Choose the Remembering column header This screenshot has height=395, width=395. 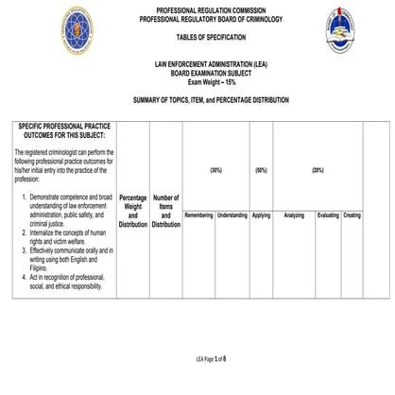point(198,215)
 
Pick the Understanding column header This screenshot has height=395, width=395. point(232,215)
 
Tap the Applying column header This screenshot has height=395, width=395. point(261,215)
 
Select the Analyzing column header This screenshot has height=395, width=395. point(294,215)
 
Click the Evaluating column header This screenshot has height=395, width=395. point(328,215)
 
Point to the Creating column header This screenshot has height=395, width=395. point(352,215)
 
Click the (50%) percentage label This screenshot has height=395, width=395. point(261,170)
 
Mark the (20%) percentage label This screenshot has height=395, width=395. point(318,170)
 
